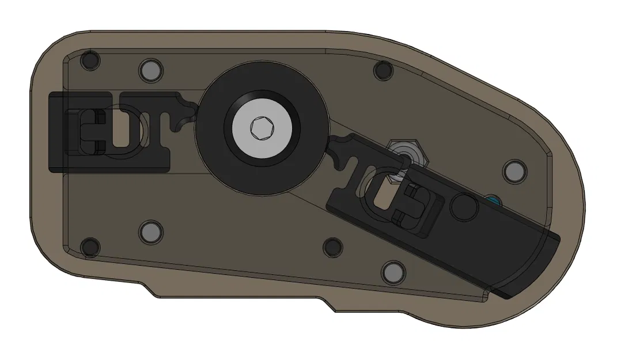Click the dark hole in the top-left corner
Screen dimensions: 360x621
click(x=90, y=60)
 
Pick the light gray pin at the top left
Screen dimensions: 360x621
click(x=150, y=70)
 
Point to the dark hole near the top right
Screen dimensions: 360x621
click(x=383, y=70)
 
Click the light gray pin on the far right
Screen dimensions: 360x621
click(x=514, y=171)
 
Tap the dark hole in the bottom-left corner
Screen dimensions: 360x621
click(x=90, y=247)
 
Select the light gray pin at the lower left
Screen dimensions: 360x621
click(x=150, y=232)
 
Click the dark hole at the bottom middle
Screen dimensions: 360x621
click(x=334, y=247)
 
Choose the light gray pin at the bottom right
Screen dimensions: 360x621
click(x=393, y=271)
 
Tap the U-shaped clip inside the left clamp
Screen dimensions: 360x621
click(x=89, y=132)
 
